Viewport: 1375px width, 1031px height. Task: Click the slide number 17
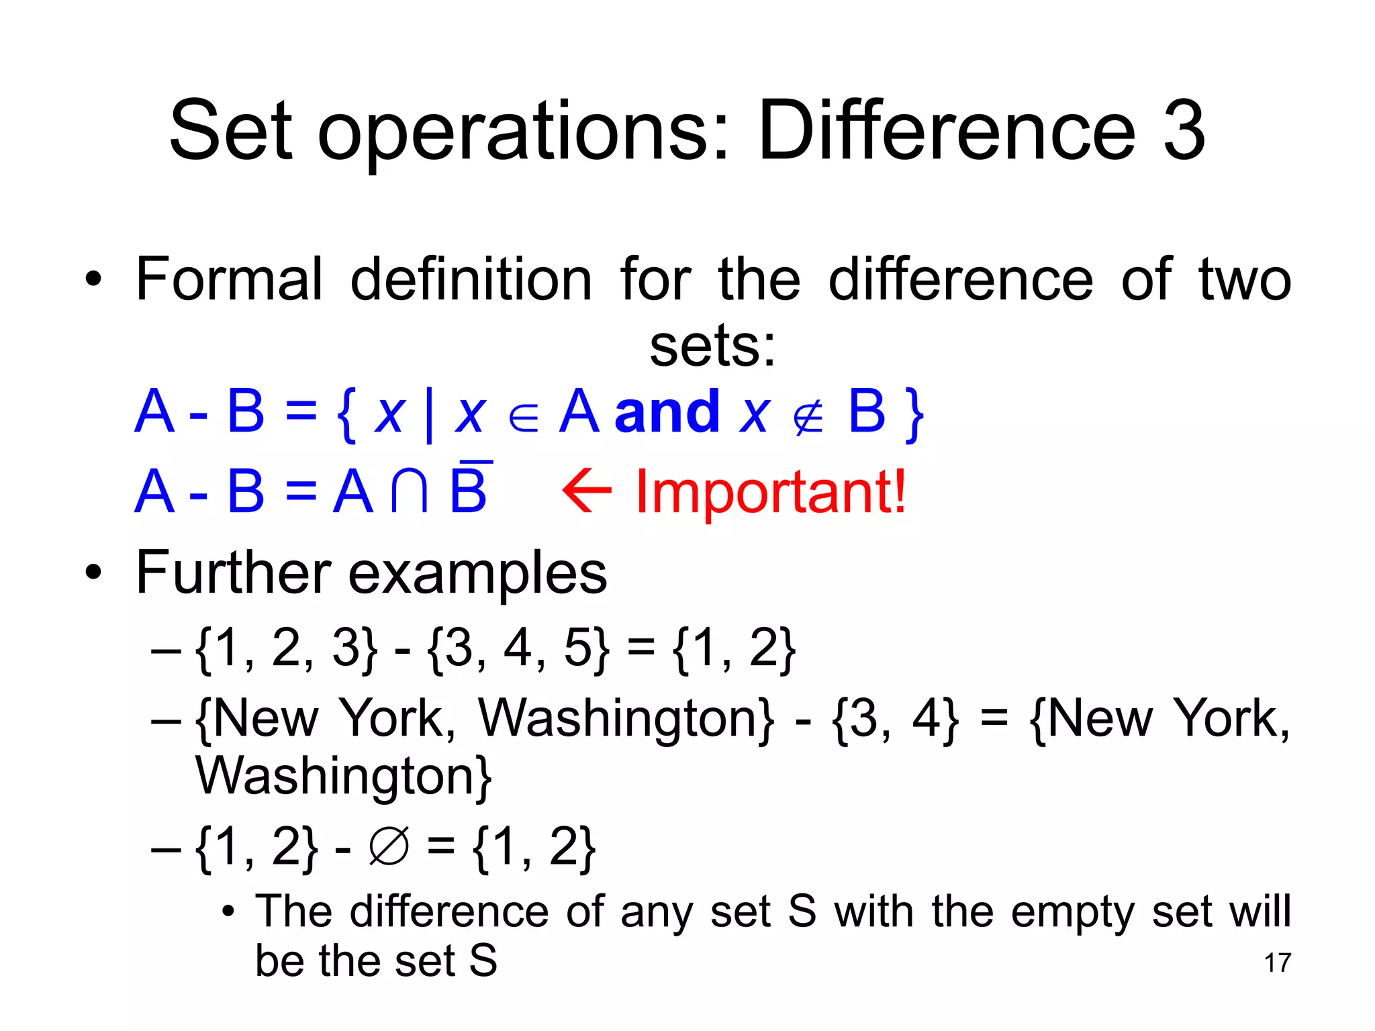1277,963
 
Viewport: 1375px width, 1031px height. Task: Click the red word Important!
771,492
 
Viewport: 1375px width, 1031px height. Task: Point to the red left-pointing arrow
587,491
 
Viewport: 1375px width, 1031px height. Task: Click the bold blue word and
667,412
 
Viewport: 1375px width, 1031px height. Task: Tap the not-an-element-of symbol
808,419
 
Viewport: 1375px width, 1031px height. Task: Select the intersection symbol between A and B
410,491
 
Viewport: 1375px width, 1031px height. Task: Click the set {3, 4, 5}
519,648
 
